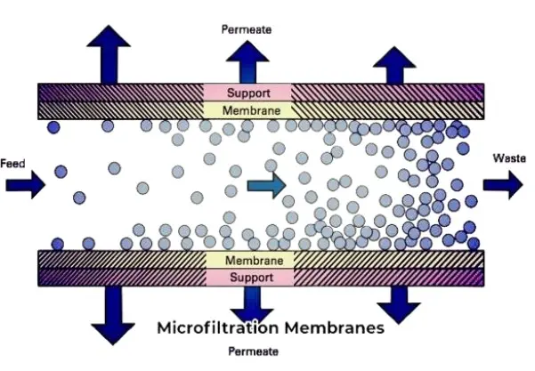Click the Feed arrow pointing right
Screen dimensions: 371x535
coord(24,185)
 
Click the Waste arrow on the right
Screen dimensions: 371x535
coord(504,183)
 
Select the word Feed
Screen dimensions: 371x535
coord(12,164)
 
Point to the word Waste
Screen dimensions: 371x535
coord(509,158)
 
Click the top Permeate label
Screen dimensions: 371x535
coord(247,29)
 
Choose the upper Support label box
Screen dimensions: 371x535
coord(247,93)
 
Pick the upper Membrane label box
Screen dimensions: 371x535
coord(247,110)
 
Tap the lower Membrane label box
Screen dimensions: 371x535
coord(254,261)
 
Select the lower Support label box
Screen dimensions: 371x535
coord(254,278)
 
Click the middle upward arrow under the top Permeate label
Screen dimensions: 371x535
coord(247,62)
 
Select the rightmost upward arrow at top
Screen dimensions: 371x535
coord(393,64)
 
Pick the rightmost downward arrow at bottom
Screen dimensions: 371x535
coord(398,305)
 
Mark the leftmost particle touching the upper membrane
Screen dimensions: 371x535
coord(54,127)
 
